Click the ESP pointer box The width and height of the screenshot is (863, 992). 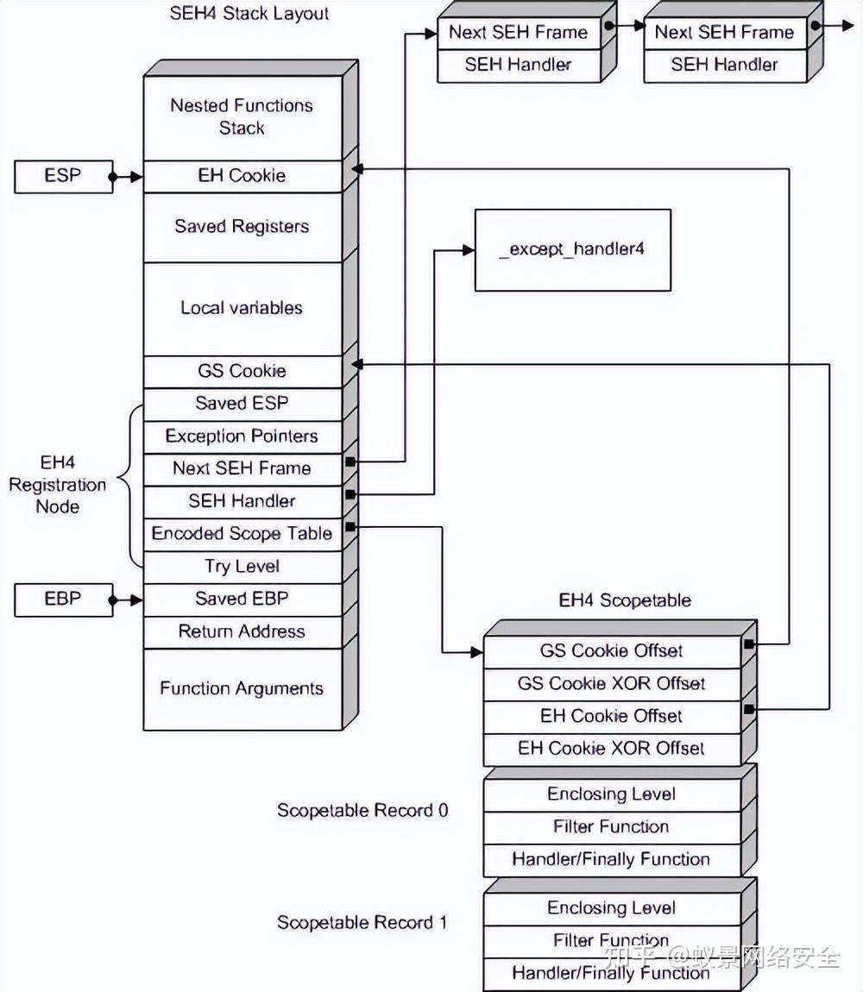pyautogui.click(x=63, y=176)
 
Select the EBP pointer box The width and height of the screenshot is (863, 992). pyautogui.click(x=63, y=600)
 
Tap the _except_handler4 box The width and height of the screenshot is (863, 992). pyautogui.click(x=572, y=250)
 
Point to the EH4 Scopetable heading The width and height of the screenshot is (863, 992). pyautogui.click(x=625, y=600)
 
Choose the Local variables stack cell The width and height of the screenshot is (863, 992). pyautogui.click(x=242, y=308)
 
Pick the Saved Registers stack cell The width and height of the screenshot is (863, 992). pyautogui.click(x=242, y=227)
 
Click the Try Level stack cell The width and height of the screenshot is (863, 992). pyautogui.click(x=242, y=567)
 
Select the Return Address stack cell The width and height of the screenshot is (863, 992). pyautogui.click(x=242, y=631)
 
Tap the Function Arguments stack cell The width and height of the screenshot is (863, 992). pyautogui.click(x=242, y=688)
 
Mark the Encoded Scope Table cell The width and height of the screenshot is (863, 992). pyautogui.click(x=242, y=534)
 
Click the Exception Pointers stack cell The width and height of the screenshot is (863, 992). pyautogui.click(x=242, y=436)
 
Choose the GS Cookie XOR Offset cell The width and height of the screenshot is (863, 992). pyautogui.click(x=611, y=684)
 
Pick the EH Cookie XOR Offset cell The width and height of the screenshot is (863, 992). pyautogui.click(x=611, y=749)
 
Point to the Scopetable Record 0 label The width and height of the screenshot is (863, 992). pyautogui.click(x=362, y=811)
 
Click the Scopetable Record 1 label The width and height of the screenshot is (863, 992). pyautogui.click(x=362, y=923)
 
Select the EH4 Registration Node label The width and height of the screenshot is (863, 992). pyautogui.click(x=57, y=485)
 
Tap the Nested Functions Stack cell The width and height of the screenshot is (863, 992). pyautogui.click(x=242, y=116)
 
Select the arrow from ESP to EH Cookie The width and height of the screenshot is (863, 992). pyautogui.click(x=127, y=176)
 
